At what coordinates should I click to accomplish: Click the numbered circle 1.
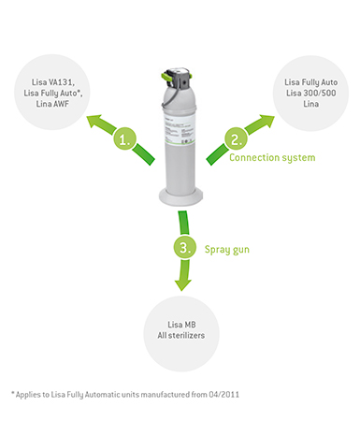(x=124, y=138)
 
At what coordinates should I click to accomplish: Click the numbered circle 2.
(x=236, y=138)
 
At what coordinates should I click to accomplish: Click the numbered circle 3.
(x=185, y=247)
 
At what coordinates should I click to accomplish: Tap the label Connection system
(x=272, y=158)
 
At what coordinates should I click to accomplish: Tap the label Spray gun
(x=227, y=250)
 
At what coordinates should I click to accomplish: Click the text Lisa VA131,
(x=53, y=82)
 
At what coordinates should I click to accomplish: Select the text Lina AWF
(x=52, y=104)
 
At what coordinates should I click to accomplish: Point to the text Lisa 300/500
(x=311, y=93)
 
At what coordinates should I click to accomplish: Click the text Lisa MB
(x=181, y=325)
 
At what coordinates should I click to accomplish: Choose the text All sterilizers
(x=181, y=336)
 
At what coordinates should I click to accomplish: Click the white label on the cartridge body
(x=180, y=129)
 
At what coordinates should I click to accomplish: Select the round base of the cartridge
(x=180, y=196)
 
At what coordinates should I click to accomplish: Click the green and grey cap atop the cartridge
(x=177, y=79)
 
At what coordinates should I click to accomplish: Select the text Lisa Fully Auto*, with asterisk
(x=53, y=94)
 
